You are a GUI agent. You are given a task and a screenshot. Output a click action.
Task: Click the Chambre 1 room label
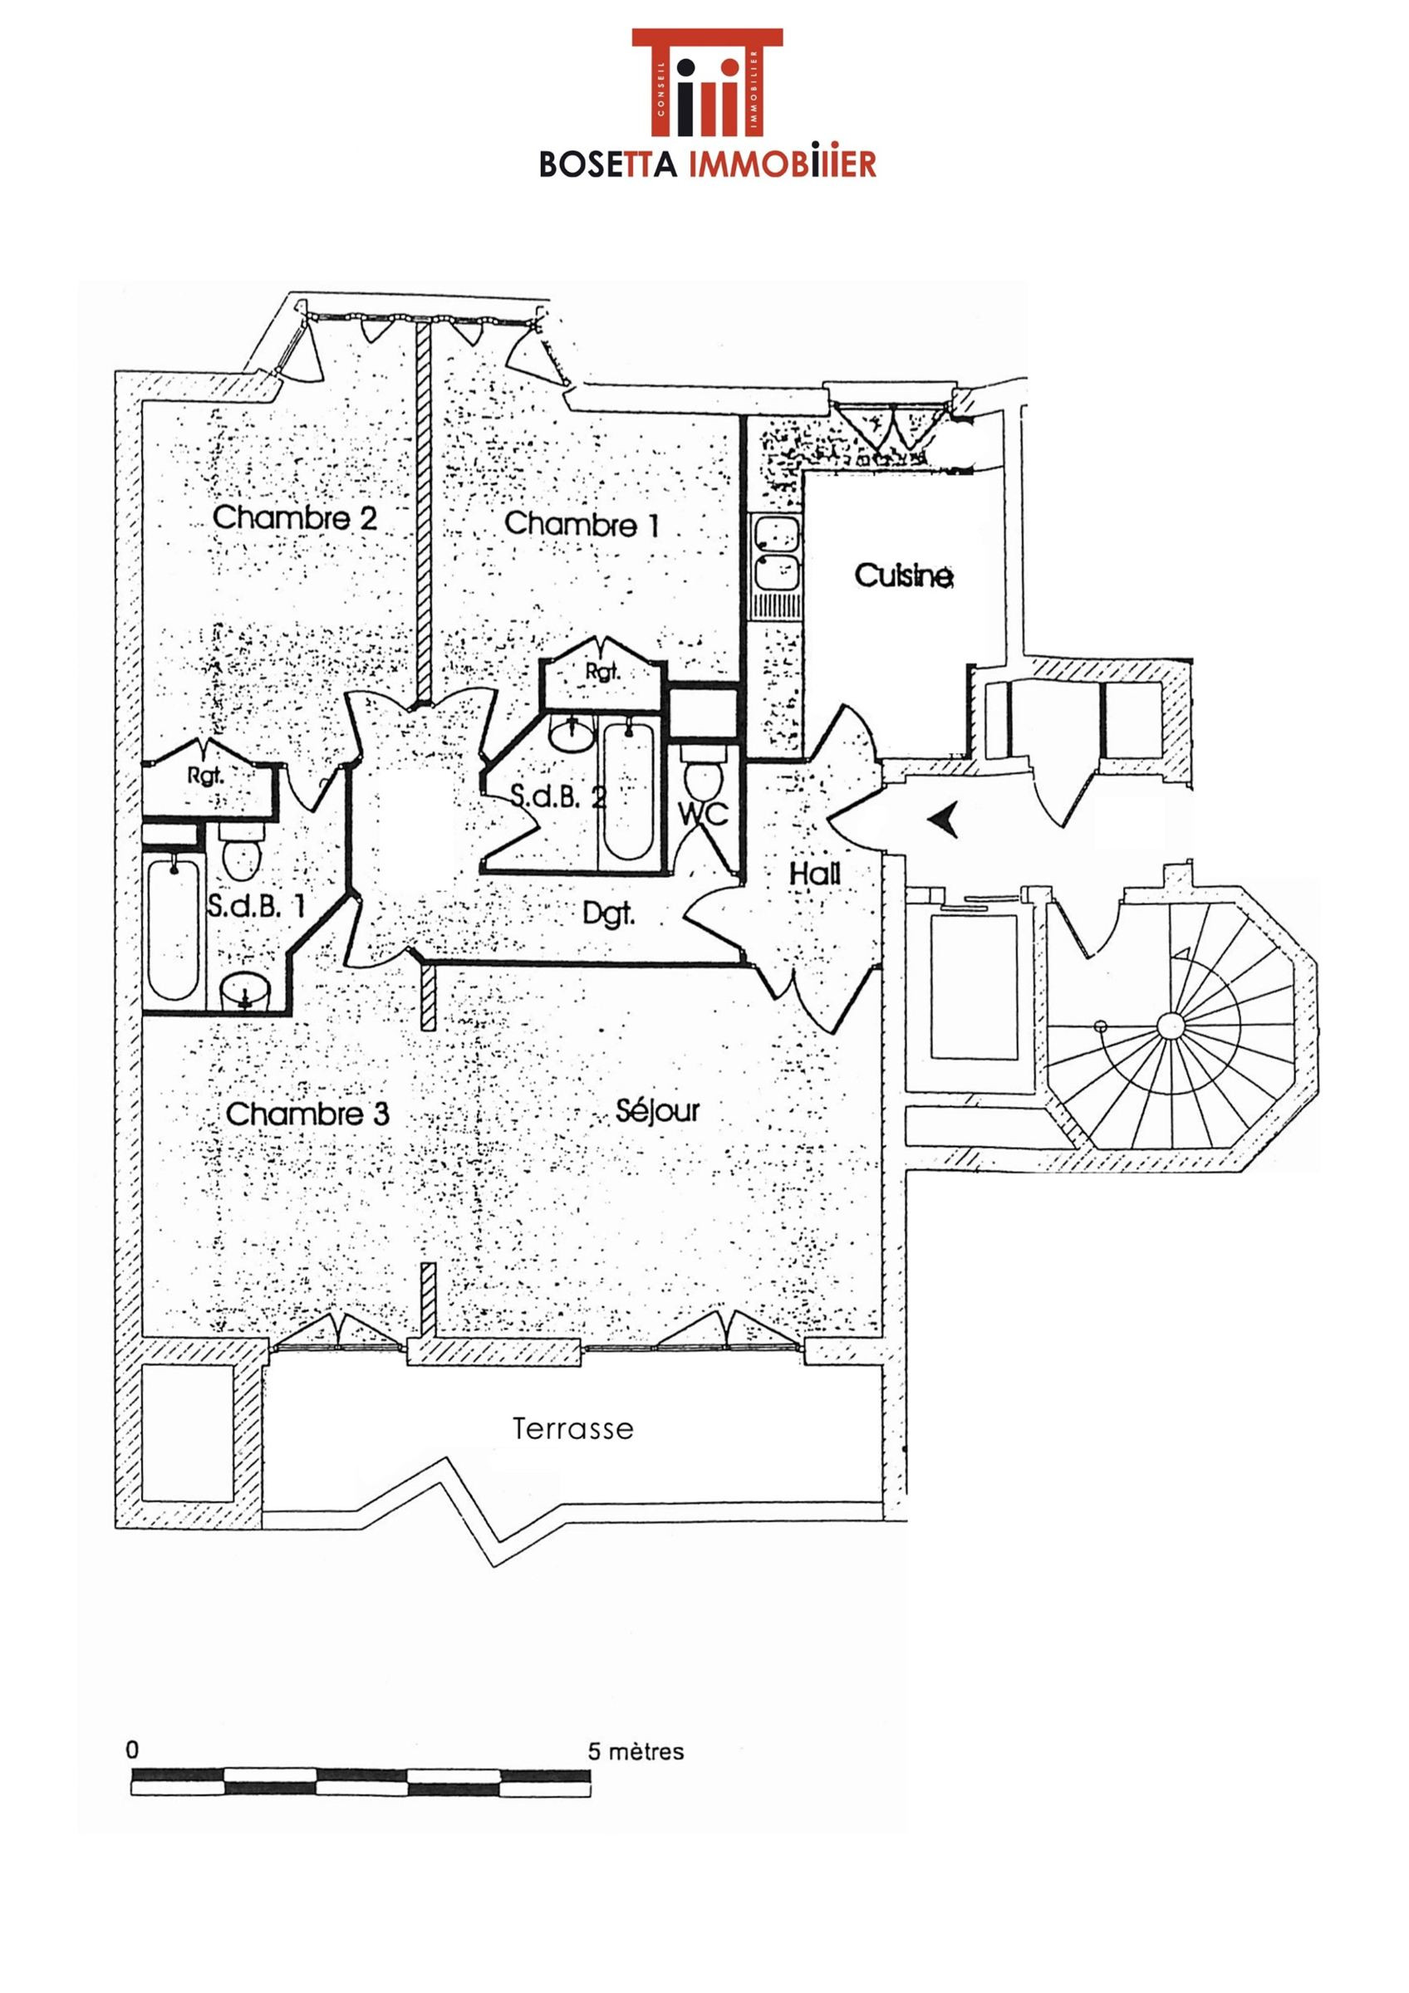(x=581, y=524)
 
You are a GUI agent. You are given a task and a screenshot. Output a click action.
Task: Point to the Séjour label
(x=657, y=1111)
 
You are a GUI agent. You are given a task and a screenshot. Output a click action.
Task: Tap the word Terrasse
(x=573, y=1429)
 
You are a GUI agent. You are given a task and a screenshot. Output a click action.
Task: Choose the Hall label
(x=814, y=874)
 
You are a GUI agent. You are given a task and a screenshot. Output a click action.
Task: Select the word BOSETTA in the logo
(x=607, y=164)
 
